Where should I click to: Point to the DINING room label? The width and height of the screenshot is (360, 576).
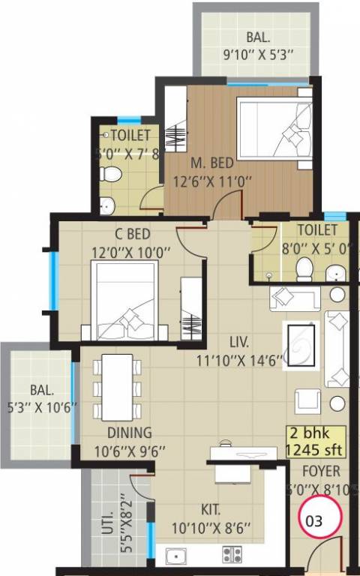pos(129,433)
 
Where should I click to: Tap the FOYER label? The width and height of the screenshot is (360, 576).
pos(321,472)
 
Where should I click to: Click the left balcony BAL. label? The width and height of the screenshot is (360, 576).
pos(42,390)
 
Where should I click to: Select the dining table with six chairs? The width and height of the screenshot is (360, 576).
pos(116,386)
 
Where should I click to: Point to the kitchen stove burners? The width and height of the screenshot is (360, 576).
pos(232,555)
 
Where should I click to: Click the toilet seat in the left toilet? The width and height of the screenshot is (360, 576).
pos(110,175)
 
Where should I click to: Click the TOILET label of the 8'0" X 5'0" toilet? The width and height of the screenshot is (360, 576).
pos(316,230)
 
